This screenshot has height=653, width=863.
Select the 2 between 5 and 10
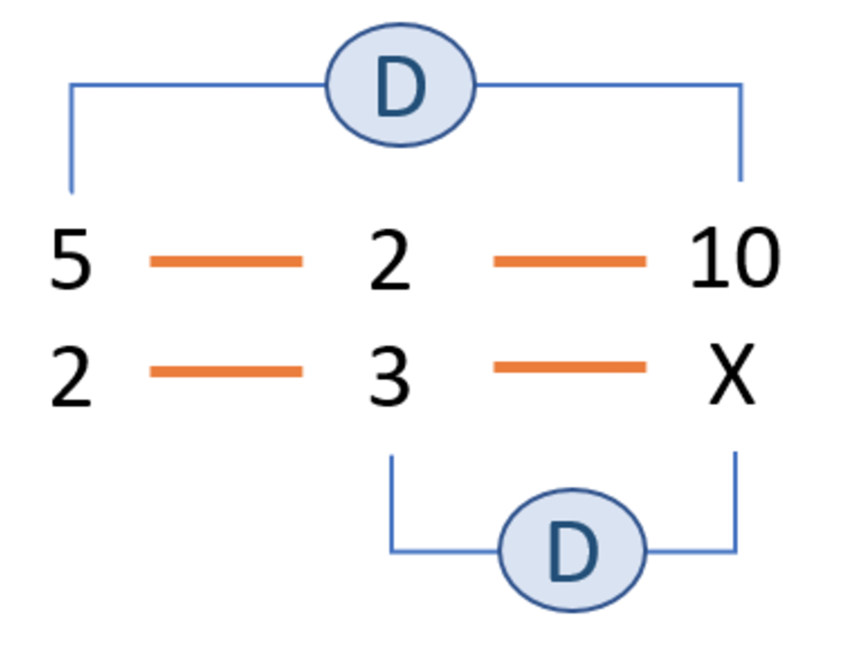pyautogui.click(x=390, y=260)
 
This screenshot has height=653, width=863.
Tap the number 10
pyautogui.click(x=734, y=259)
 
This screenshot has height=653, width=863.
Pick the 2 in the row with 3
pyautogui.click(x=71, y=376)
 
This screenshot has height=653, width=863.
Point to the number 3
pyautogui.click(x=390, y=376)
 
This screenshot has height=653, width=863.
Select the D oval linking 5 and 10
pyautogui.click(x=401, y=85)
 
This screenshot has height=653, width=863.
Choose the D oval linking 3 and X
pyautogui.click(x=572, y=550)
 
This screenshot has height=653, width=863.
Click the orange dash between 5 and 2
pyautogui.click(x=226, y=262)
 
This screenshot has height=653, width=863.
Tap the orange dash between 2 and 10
pyautogui.click(x=569, y=262)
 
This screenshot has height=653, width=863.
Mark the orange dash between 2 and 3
pyautogui.click(x=226, y=372)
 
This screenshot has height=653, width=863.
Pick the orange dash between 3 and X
pyautogui.click(x=569, y=368)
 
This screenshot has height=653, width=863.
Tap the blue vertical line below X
pyautogui.click(x=736, y=501)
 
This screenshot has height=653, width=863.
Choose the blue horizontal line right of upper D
pyautogui.click(x=608, y=86)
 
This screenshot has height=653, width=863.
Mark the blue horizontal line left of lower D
pyautogui.click(x=445, y=551)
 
